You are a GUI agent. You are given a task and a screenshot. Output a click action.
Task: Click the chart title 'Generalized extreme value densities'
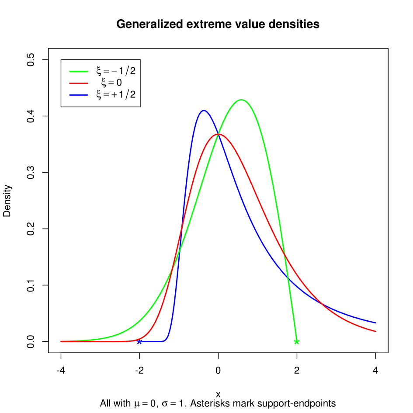click(x=218, y=24)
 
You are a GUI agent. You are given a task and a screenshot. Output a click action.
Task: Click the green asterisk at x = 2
click(x=297, y=341)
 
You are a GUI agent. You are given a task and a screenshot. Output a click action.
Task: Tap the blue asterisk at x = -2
click(x=139, y=341)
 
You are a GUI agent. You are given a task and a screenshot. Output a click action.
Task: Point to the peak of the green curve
click(x=241, y=100)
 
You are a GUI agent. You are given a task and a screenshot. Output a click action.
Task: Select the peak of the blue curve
click(x=204, y=110)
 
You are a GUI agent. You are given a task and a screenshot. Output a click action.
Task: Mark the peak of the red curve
click(x=218, y=134)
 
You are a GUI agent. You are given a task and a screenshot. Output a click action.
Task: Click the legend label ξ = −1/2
click(x=116, y=71)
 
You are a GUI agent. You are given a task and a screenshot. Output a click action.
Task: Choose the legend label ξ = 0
click(x=111, y=83)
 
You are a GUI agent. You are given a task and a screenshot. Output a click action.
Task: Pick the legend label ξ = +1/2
click(x=116, y=94)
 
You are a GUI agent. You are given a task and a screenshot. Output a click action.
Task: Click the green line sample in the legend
click(x=79, y=71)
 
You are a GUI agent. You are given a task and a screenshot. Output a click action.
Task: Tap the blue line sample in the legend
click(x=79, y=94)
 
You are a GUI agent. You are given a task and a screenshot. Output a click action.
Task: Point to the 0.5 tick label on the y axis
click(x=30, y=60)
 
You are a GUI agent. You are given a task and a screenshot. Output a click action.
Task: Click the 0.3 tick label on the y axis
click(x=30, y=173)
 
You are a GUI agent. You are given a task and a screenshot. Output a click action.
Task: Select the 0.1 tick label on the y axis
click(x=30, y=285)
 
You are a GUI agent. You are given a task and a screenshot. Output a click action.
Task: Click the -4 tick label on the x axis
click(x=61, y=371)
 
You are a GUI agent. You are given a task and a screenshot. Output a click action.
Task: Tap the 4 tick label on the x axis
click(x=375, y=371)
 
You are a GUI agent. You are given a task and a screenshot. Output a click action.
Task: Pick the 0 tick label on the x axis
click(x=218, y=371)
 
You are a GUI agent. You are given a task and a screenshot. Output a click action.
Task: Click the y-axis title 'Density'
click(x=7, y=201)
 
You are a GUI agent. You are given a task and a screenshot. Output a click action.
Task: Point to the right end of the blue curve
click(x=375, y=323)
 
